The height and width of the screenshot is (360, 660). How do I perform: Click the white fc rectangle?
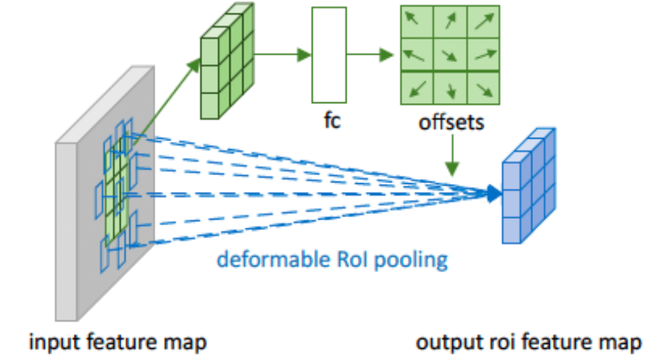(329, 55)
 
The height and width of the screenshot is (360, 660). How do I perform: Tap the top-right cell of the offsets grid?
(484, 21)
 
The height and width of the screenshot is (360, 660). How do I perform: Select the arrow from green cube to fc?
(285, 55)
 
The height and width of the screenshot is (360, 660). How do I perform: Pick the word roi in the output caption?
(497, 343)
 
